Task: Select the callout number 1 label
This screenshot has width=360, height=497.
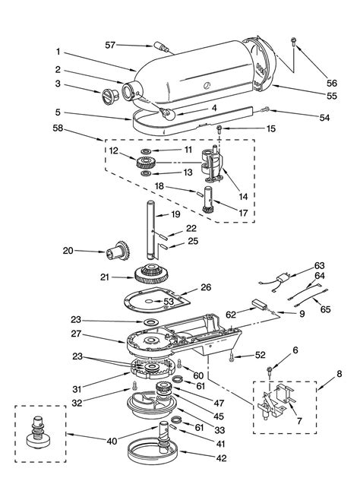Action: tap(57, 53)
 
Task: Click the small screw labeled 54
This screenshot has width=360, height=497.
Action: tap(265, 110)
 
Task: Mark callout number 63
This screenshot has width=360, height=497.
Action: tap(320, 265)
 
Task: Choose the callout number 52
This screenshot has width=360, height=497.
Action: tap(261, 355)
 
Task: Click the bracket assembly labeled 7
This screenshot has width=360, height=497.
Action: tap(273, 404)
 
